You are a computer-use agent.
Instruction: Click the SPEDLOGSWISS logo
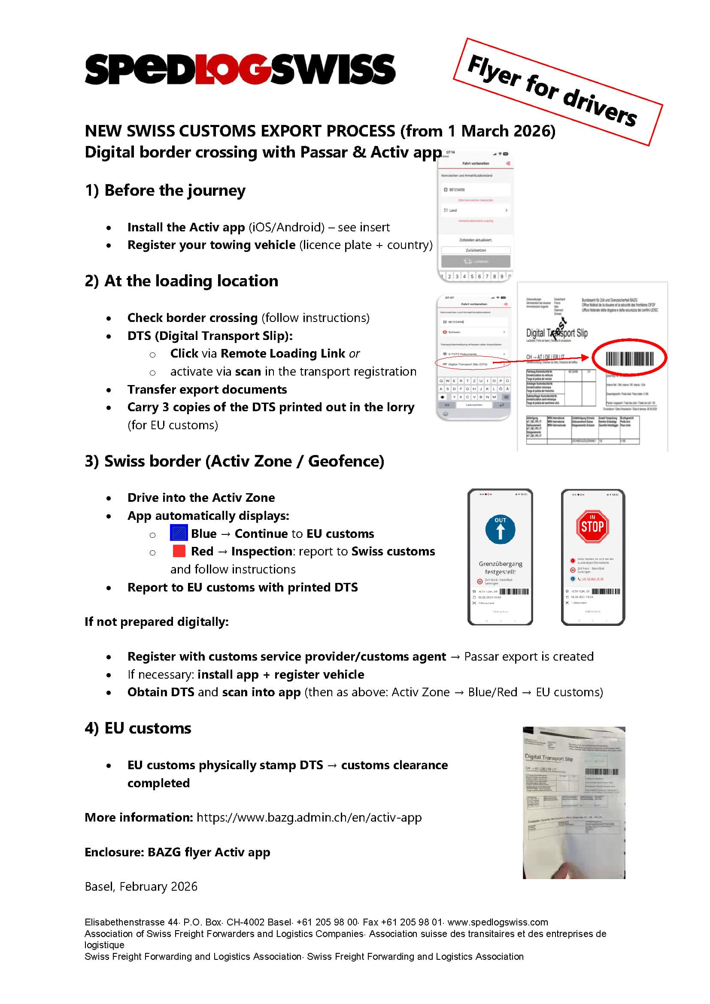pyautogui.click(x=240, y=69)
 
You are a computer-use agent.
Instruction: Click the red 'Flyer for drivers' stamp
pyautogui.click(x=558, y=91)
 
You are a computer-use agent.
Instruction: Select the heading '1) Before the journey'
pyautogui.click(x=165, y=191)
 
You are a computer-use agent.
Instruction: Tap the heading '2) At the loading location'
pyautogui.click(x=181, y=281)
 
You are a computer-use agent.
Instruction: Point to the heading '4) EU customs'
pyautogui.click(x=138, y=728)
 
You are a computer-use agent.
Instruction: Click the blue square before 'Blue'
pyautogui.click(x=179, y=533)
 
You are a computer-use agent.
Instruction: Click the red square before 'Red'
pyautogui.click(x=179, y=551)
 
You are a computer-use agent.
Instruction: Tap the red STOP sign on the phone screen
pyautogui.click(x=592, y=526)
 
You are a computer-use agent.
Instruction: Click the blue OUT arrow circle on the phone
pyautogui.click(x=500, y=529)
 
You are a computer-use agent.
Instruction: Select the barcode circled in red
pyautogui.click(x=629, y=358)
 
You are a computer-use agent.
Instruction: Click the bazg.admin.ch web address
pyautogui.click(x=309, y=817)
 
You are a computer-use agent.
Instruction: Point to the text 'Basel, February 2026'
pyautogui.click(x=141, y=886)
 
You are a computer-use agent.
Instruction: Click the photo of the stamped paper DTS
pyautogui.click(x=573, y=802)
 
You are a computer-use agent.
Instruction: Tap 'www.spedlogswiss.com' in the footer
pyautogui.click(x=498, y=922)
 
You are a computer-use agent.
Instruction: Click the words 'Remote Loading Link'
pyautogui.click(x=283, y=353)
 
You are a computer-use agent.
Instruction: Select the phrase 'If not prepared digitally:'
pyautogui.click(x=157, y=622)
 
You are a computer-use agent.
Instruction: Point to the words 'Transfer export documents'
pyautogui.click(x=207, y=389)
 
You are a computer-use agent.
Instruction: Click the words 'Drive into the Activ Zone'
pyautogui.click(x=201, y=497)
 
